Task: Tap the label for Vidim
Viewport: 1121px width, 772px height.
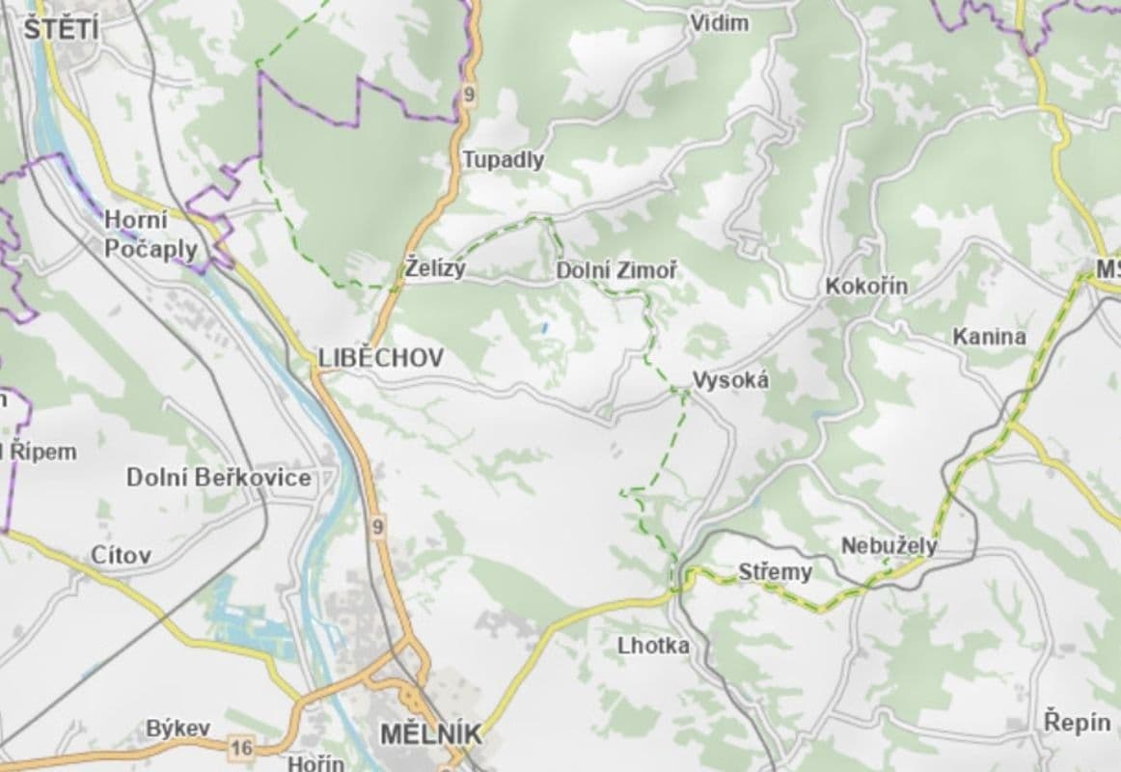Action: coord(719,23)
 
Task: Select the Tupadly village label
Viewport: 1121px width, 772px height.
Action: coord(503,159)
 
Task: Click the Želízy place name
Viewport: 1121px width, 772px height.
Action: coord(435,269)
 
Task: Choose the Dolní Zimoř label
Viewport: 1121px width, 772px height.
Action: coord(615,271)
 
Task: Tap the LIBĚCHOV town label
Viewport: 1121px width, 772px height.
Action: coord(381,358)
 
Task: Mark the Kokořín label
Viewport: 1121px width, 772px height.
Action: coord(865,287)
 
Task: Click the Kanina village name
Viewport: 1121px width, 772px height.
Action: coord(989,337)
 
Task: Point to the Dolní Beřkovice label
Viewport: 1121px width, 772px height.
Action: coord(219,478)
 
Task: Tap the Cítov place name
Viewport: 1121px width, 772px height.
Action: coord(120,555)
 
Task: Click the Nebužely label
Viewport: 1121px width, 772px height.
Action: coord(889,545)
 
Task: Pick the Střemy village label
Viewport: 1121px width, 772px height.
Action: coord(775,572)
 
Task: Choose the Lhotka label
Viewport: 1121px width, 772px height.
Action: coord(654,646)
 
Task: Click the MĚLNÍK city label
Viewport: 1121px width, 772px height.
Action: coord(430,734)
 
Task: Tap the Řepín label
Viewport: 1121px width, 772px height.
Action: coord(1078,721)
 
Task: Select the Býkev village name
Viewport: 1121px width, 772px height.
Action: coord(178,729)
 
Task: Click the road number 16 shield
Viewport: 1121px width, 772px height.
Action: coord(241,746)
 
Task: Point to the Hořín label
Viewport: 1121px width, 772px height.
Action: coord(315,763)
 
